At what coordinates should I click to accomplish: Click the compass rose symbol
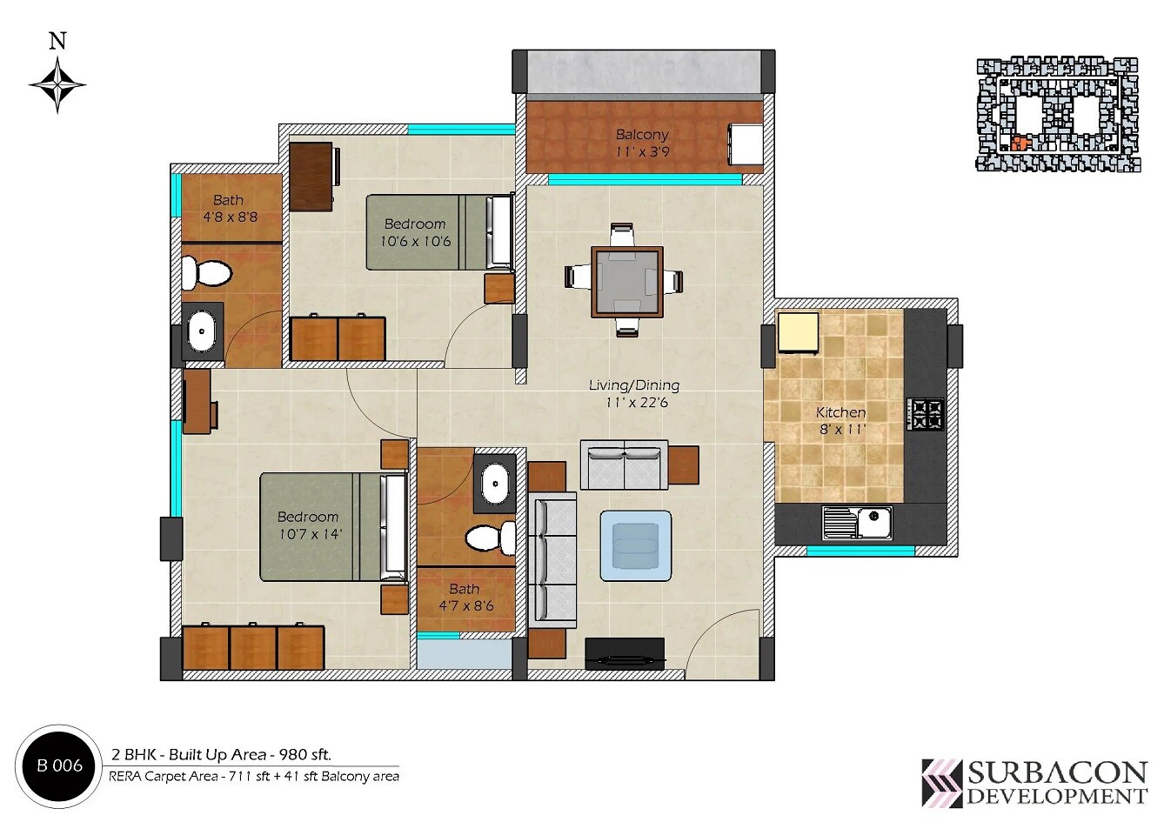tap(57, 84)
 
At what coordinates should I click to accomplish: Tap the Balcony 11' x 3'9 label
tap(642, 143)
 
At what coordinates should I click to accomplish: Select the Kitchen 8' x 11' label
tap(840, 421)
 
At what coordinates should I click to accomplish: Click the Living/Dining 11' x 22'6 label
tap(634, 393)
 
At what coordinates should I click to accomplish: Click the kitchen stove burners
tap(925, 415)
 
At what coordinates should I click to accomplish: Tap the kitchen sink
tap(858, 524)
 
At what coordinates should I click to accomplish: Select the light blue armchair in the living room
tap(636, 545)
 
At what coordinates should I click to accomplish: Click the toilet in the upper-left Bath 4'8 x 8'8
tap(209, 272)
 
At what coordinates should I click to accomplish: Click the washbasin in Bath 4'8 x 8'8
tap(203, 331)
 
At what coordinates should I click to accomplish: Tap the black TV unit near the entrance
tap(624, 654)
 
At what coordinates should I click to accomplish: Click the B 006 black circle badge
tap(59, 766)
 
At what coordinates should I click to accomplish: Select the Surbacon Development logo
tap(1034, 782)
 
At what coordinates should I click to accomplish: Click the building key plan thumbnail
tap(1056, 115)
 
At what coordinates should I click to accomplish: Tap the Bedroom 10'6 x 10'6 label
tap(415, 232)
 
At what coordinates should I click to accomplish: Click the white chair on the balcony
tap(746, 144)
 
